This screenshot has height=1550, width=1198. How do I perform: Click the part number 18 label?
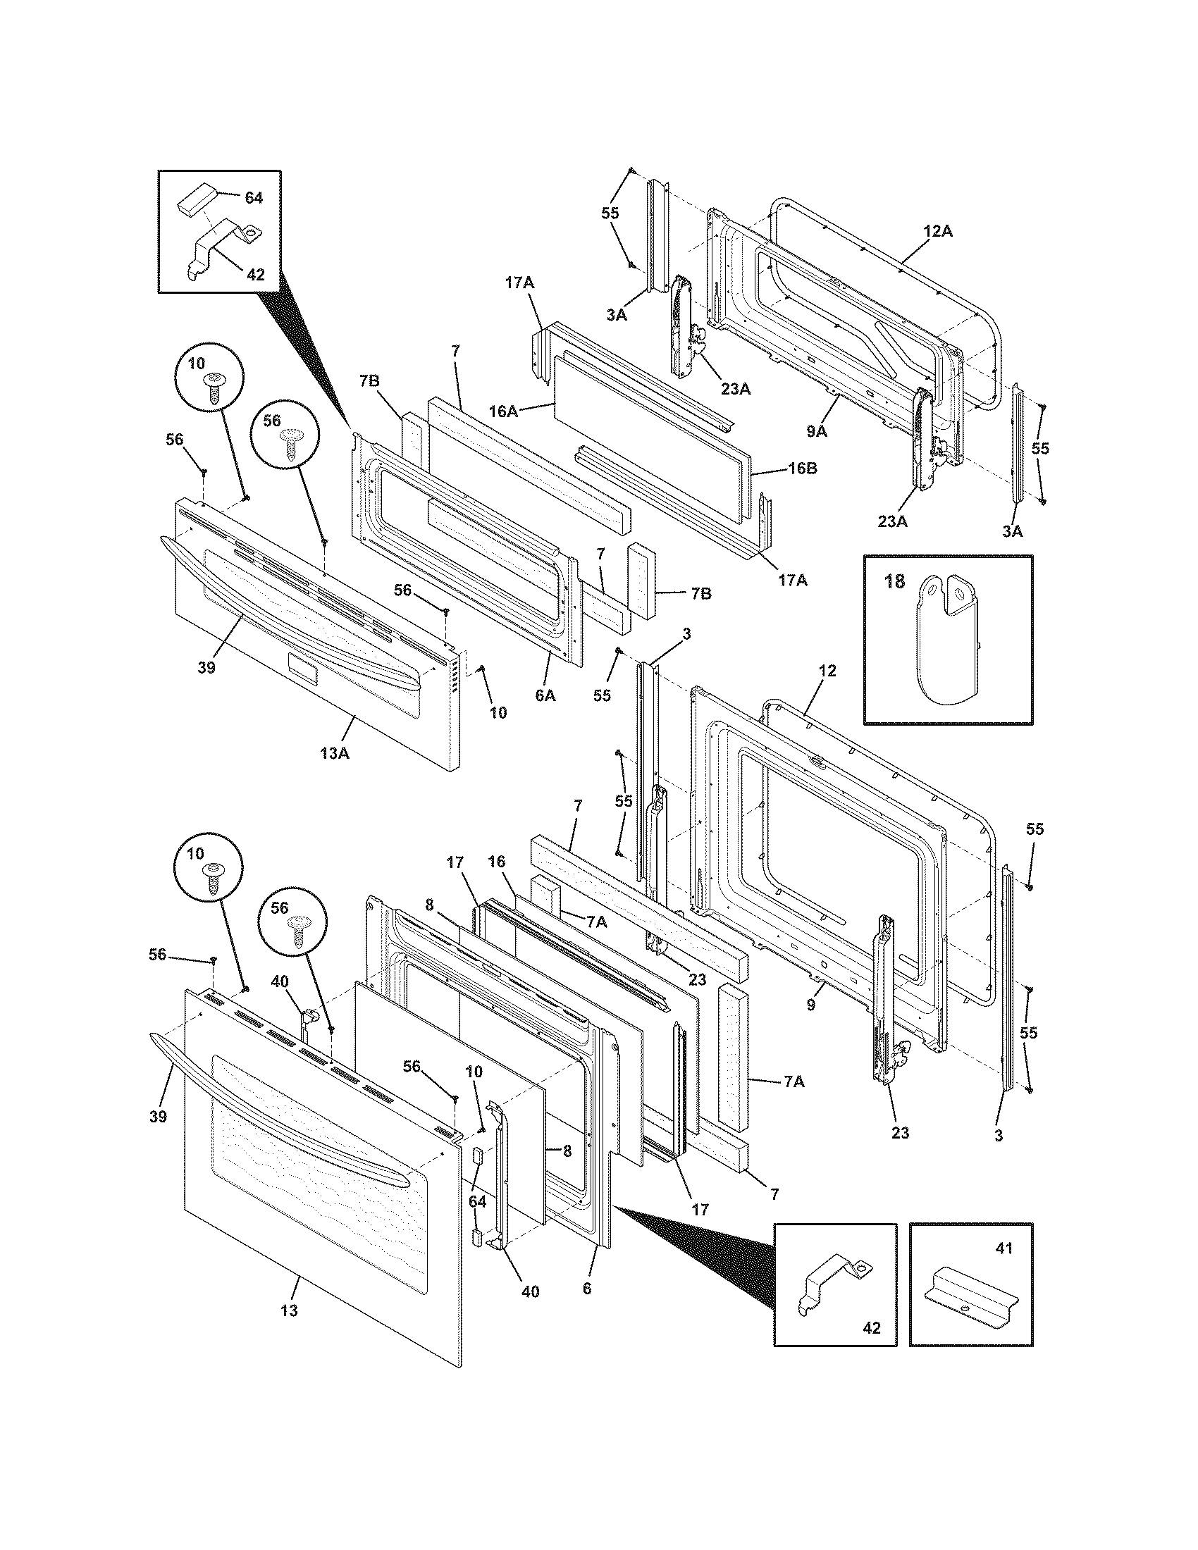click(x=895, y=581)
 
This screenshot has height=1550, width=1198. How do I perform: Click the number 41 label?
click(x=1004, y=1248)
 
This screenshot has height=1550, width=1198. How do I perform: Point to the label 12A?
click(x=937, y=230)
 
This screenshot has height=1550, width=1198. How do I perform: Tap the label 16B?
click(x=801, y=469)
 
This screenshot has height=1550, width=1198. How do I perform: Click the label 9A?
click(x=817, y=429)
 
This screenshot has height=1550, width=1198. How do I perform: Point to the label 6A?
click(x=545, y=696)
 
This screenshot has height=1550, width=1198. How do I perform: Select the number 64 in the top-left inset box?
click(x=254, y=198)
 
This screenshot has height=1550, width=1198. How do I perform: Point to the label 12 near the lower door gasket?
click(x=827, y=671)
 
